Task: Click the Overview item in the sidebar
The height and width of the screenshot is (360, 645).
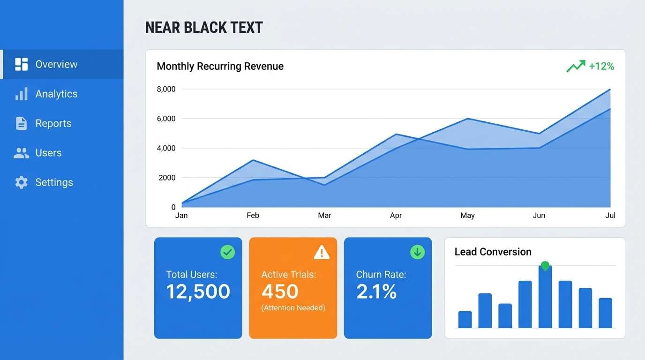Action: (x=56, y=64)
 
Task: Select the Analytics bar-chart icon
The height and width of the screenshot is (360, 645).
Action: (x=21, y=94)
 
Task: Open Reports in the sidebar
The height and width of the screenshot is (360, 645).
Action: (x=53, y=123)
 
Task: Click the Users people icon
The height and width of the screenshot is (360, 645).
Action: (x=21, y=153)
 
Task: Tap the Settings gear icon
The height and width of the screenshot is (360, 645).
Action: (x=21, y=182)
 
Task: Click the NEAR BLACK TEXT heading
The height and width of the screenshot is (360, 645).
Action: (x=204, y=28)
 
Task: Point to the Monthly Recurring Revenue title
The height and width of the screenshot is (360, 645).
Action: (x=220, y=66)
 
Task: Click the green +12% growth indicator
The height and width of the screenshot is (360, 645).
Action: (x=591, y=66)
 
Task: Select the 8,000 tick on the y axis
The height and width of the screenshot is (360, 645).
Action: (x=166, y=89)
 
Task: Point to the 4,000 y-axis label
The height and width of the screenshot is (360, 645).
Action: (x=166, y=148)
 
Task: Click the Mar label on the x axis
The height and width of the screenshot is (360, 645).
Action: (x=324, y=215)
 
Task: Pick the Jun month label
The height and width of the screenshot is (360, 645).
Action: (x=539, y=215)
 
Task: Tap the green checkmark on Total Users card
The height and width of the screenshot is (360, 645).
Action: (x=228, y=252)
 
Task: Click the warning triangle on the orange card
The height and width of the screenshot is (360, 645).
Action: (x=322, y=253)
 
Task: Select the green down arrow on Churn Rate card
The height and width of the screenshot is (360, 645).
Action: (x=417, y=252)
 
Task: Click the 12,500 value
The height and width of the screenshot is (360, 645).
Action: (x=198, y=292)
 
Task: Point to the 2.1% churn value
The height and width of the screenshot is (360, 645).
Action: (x=376, y=292)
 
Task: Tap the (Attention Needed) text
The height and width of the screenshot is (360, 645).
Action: (x=293, y=308)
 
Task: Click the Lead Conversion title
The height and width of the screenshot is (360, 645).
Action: (x=493, y=252)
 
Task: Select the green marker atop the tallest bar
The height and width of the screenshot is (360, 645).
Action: (x=545, y=266)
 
